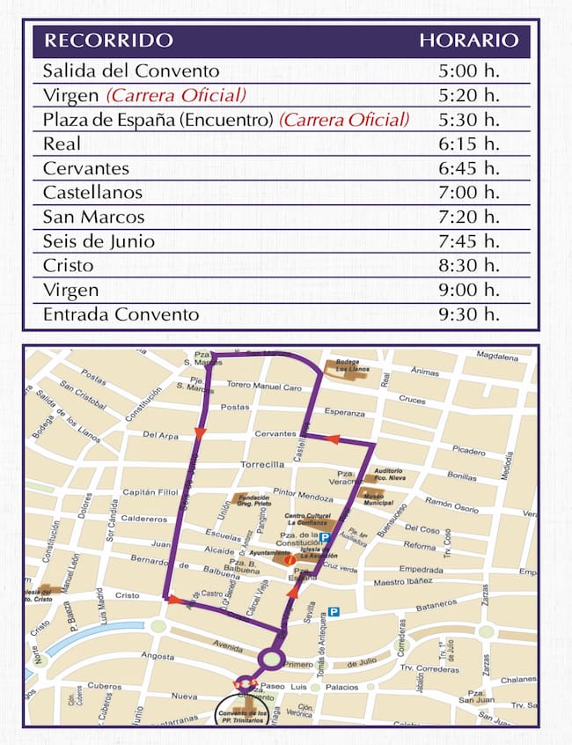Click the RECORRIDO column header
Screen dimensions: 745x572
(x=108, y=41)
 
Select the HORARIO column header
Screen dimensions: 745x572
(x=468, y=41)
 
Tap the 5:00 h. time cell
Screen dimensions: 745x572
(x=468, y=71)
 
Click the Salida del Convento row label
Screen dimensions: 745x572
(x=131, y=71)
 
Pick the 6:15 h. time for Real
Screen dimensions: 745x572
(x=468, y=144)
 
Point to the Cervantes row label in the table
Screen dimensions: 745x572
(x=86, y=168)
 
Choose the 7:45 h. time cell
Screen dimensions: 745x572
(x=468, y=241)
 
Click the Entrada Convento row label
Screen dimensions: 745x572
(x=121, y=314)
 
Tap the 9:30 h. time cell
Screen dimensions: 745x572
(x=468, y=314)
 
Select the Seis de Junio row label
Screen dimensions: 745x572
(x=99, y=241)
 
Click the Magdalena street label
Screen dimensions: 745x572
(x=497, y=356)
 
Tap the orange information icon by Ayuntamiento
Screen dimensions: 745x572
(x=289, y=559)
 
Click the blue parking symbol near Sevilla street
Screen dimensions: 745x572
(x=334, y=611)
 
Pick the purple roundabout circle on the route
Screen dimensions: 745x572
(x=271, y=659)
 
